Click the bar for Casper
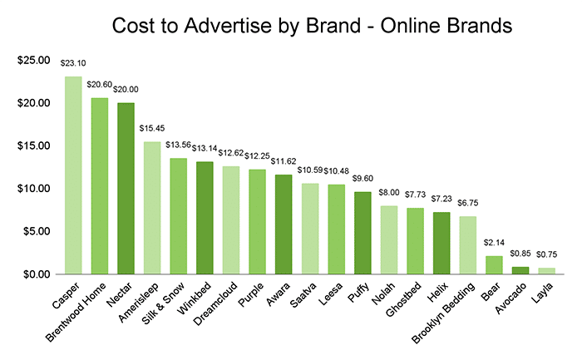(73, 175)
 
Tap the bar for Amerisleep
(152, 207)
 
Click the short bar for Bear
(494, 264)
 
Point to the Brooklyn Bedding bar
(468, 244)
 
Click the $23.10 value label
(73, 62)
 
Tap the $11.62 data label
(284, 160)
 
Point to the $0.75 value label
(546, 254)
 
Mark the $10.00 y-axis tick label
(32, 189)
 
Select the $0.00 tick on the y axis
(36, 274)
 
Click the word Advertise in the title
(252, 26)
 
